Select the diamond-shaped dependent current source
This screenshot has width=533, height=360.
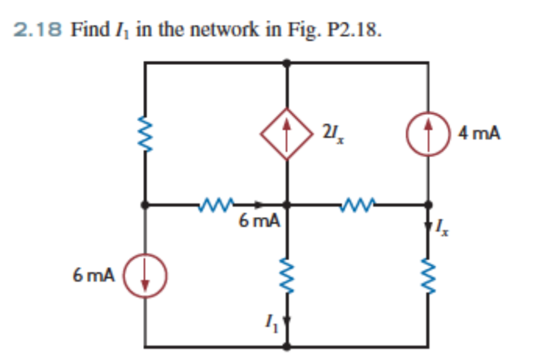(287, 134)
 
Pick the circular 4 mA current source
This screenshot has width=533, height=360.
(427, 134)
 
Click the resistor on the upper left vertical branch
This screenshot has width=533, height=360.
(145, 134)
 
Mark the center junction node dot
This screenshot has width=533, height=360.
(287, 205)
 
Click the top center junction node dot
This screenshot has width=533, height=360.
(287, 63)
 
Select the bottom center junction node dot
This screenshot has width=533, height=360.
(287, 346)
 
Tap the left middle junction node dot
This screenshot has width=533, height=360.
(145, 205)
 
